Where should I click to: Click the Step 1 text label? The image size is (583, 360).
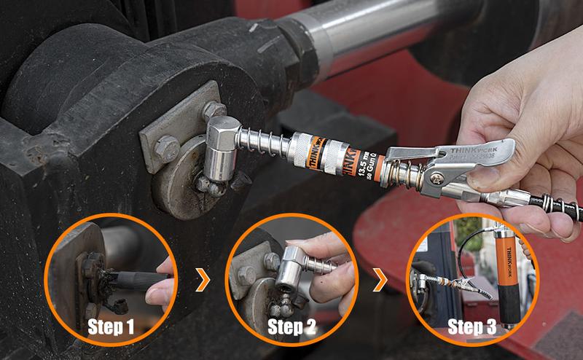pyautogui.click(x=111, y=326)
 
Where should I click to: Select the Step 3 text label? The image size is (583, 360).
pyautogui.click(x=472, y=326)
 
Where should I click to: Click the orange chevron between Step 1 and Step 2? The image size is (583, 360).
pyautogui.click(x=203, y=279)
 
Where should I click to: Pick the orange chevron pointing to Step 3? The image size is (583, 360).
pyautogui.click(x=380, y=279)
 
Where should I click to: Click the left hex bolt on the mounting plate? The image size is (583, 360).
pyautogui.click(x=167, y=146)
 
